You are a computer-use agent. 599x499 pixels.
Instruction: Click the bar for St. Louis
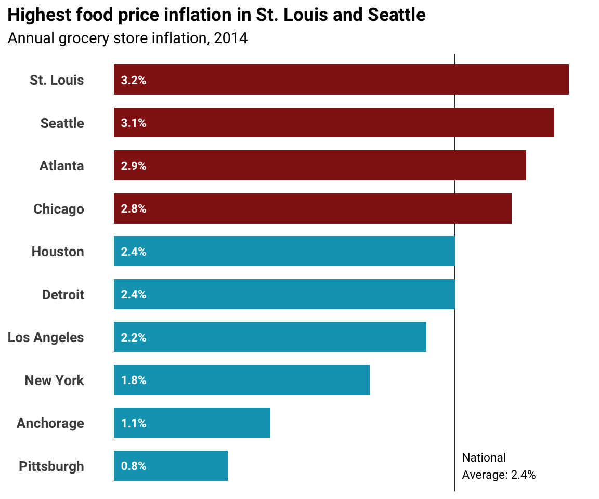341,80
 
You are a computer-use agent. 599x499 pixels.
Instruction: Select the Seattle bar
334,123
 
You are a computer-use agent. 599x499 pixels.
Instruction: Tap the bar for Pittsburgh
171,466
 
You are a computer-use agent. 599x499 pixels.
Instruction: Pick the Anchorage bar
192,423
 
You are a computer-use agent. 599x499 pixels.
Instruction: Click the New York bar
242,380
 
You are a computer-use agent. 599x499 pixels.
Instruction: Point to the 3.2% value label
134,81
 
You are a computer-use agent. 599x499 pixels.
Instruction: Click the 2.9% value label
134,166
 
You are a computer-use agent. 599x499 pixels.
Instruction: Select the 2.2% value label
134,338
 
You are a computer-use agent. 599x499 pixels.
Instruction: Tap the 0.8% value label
134,466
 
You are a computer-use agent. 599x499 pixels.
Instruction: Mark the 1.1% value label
134,424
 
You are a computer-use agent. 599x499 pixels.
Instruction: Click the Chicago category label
59,209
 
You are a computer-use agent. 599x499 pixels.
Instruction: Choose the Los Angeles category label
46,337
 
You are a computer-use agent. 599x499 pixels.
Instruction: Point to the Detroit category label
63,295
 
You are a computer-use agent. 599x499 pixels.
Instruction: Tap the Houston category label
58,252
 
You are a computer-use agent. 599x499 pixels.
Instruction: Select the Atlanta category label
61,166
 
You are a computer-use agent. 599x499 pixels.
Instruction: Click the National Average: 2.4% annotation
498,466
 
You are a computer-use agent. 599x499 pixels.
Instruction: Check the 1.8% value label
134,380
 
